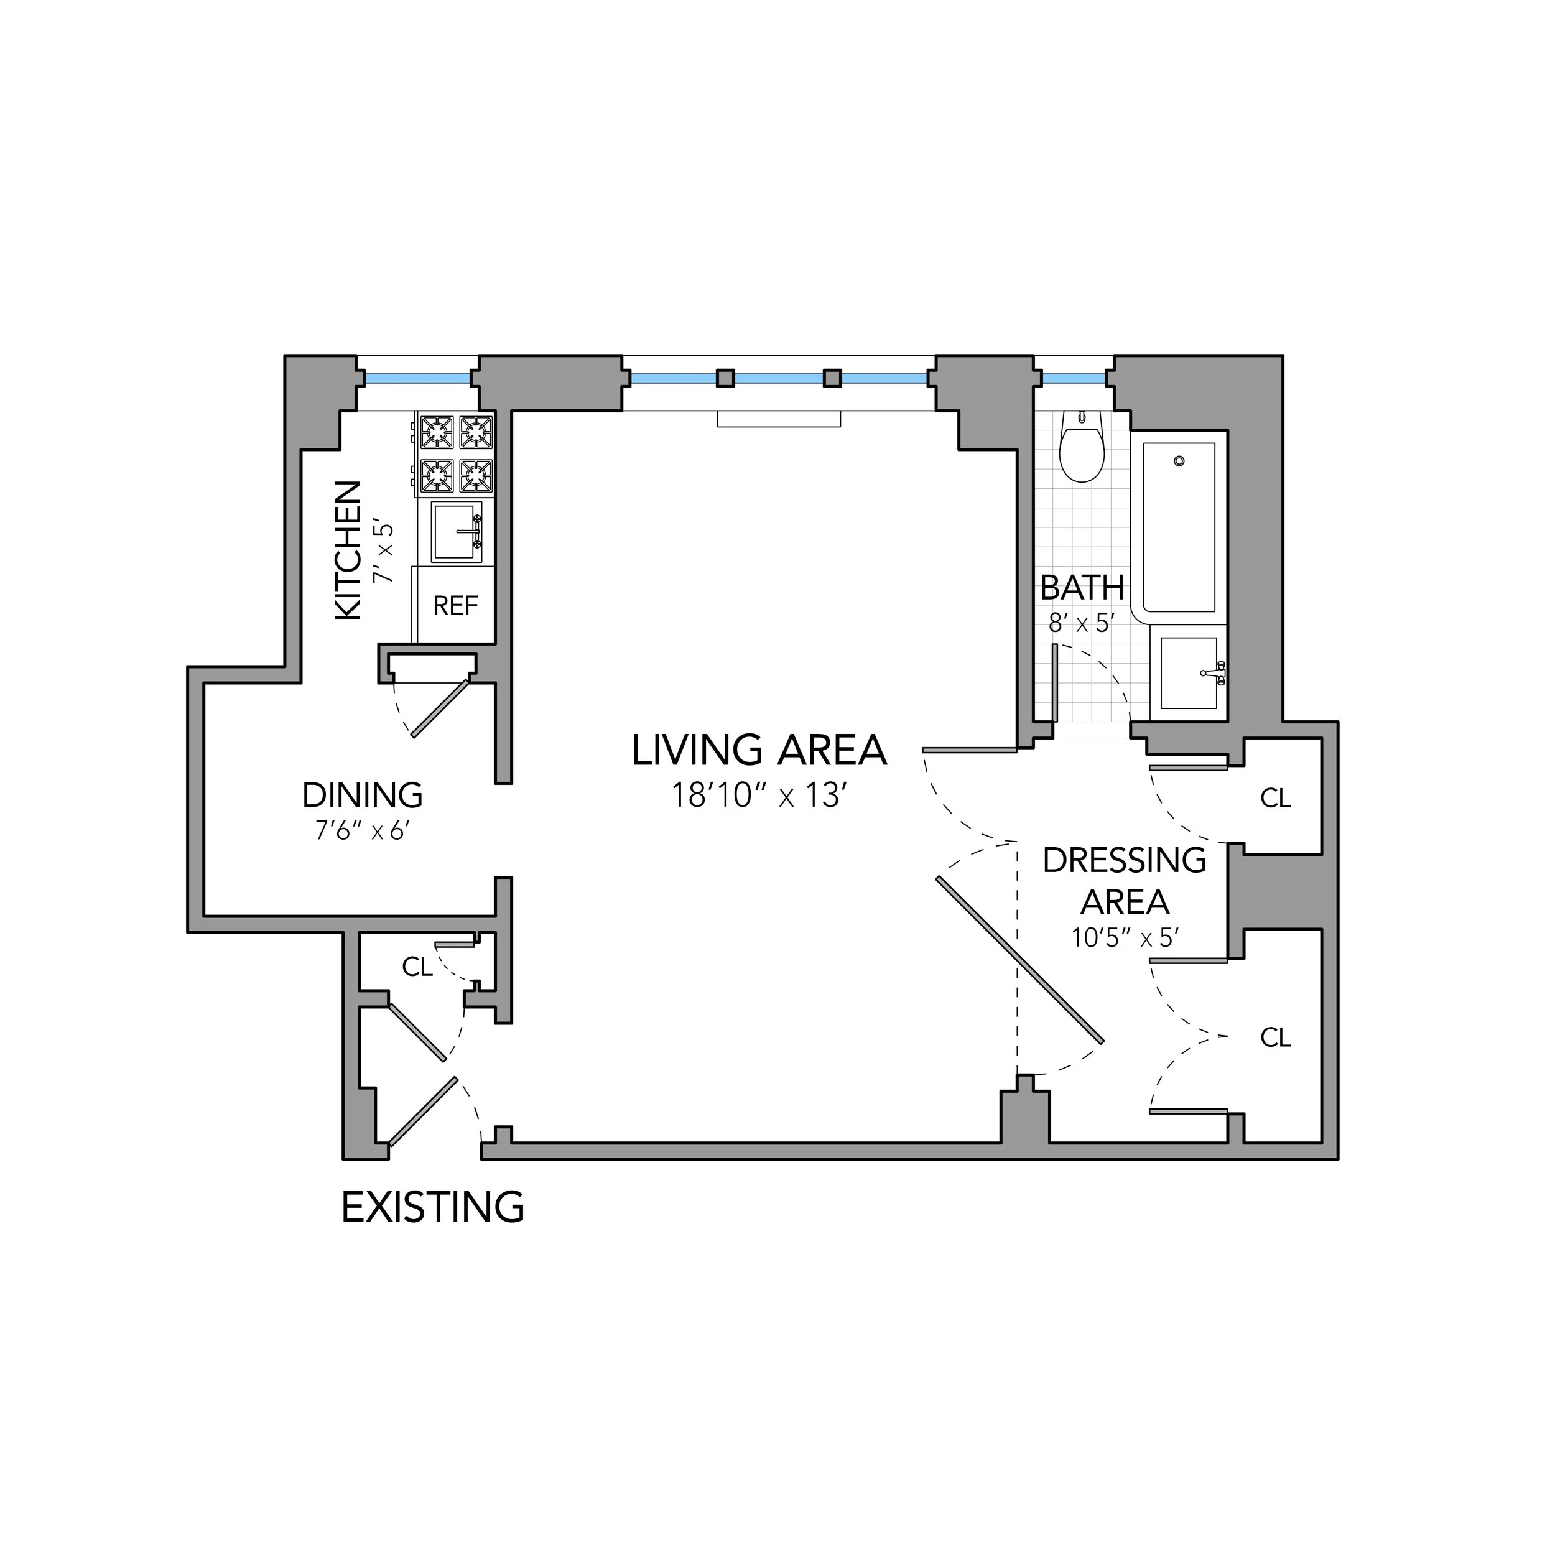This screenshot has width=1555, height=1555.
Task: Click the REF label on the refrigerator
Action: pyautogui.click(x=455, y=605)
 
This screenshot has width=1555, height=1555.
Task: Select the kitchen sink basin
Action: pyautogui.click(x=457, y=532)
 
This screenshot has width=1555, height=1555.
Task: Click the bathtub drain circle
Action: pyautogui.click(x=1179, y=461)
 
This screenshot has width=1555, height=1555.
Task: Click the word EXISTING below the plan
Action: pyautogui.click(x=433, y=1207)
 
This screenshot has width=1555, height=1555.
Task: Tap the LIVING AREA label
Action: pyautogui.click(x=759, y=750)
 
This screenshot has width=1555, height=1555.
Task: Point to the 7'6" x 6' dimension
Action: pyautogui.click(x=362, y=830)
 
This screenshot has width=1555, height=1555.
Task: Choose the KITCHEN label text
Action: pyautogui.click(x=348, y=550)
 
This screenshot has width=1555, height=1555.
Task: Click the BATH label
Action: pyautogui.click(x=1082, y=588)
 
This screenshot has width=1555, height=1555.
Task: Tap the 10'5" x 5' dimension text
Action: pyautogui.click(x=1125, y=938)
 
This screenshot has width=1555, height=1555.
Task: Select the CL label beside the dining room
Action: pyautogui.click(x=418, y=967)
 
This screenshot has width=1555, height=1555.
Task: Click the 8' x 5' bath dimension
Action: pyautogui.click(x=1082, y=623)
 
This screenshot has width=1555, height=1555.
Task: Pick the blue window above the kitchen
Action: pyautogui.click(x=418, y=378)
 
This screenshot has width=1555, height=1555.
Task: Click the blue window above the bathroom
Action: pyautogui.click(x=1074, y=378)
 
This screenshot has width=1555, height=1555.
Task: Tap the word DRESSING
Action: pyautogui.click(x=1125, y=860)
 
